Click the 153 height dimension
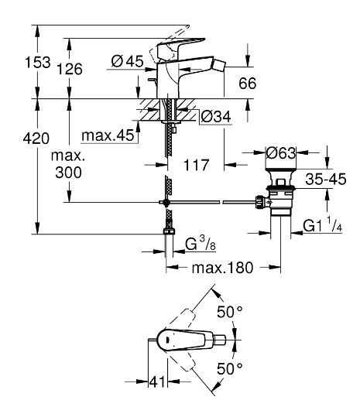point(37,63)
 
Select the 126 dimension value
point(70,69)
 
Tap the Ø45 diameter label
point(127,61)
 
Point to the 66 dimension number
point(248,83)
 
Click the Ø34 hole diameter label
point(216,116)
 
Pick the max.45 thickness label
point(108,135)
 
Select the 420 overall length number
point(36,139)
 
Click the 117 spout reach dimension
point(196,166)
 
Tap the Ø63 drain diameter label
point(281,153)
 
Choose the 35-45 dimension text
point(326,179)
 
